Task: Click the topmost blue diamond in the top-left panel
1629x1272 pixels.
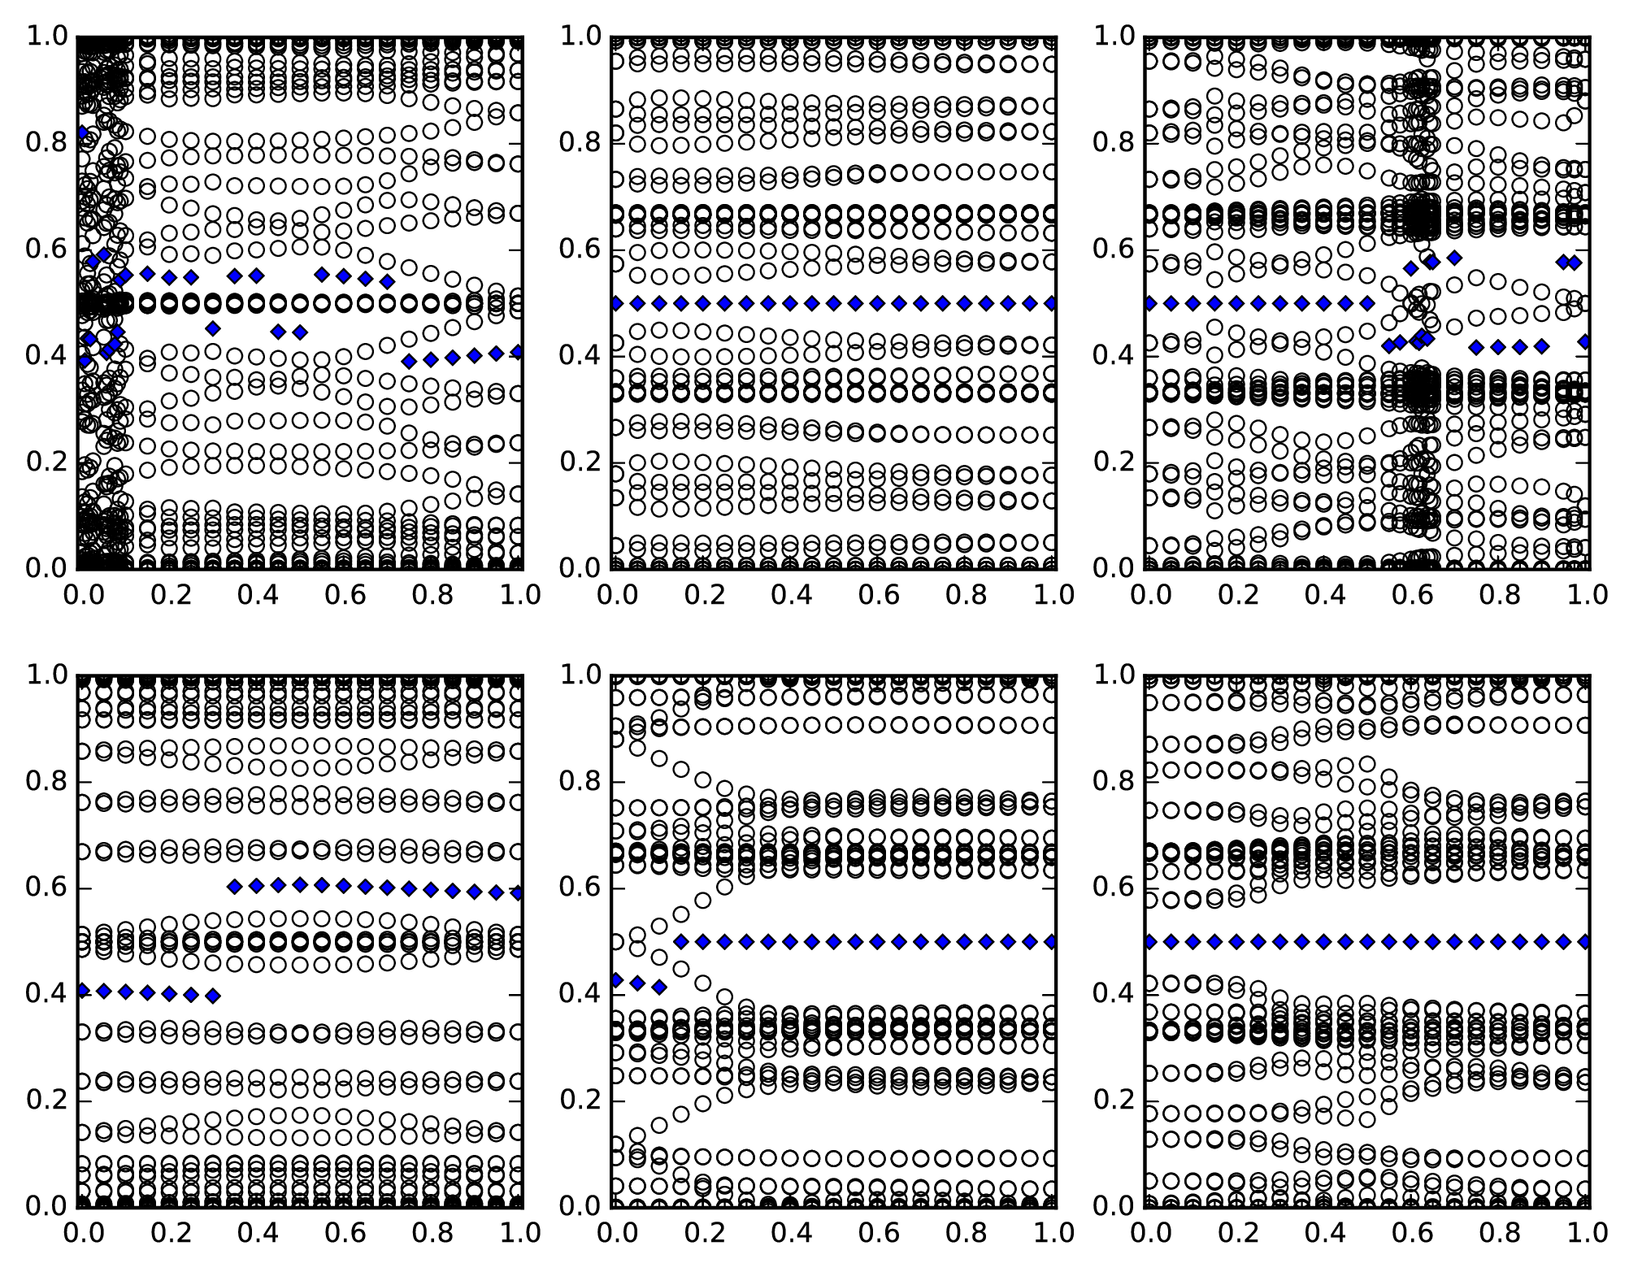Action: coord(81,132)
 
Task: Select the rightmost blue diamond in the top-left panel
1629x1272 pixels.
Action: coord(519,352)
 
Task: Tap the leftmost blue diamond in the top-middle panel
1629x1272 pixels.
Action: coord(616,303)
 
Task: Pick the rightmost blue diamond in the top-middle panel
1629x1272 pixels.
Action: coord(1051,303)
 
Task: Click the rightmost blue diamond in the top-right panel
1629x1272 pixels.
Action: coord(1585,341)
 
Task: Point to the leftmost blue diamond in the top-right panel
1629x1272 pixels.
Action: coord(1149,303)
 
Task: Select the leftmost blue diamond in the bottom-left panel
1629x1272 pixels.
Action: coord(81,990)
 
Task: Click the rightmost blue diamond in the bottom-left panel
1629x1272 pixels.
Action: coord(519,893)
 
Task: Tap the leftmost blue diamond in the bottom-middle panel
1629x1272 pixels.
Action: coord(616,979)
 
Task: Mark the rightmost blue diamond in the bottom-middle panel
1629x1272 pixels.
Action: coord(1051,941)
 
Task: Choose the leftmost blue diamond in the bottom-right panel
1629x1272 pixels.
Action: coord(1149,941)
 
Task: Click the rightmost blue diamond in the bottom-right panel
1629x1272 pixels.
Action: coord(1584,941)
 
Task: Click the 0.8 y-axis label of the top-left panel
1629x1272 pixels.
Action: coord(46,143)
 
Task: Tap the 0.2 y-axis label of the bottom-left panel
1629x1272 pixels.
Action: coord(46,1101)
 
